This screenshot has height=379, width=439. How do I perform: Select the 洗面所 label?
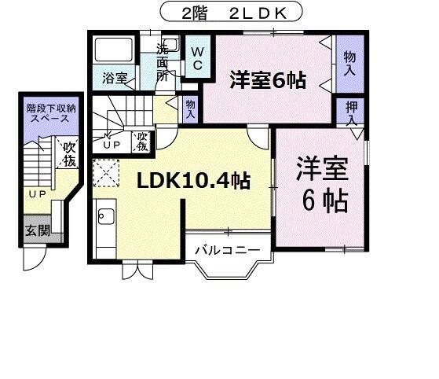(x=163, y=62)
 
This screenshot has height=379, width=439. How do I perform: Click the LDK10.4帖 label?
(x=194, y=181)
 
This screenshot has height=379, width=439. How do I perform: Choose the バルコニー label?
(x=227, y=251)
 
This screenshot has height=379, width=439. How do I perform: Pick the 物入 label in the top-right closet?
(x=349, y=64)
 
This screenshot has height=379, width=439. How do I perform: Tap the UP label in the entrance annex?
(x=36, y=193)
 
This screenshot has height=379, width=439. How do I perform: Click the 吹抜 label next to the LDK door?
(x=141, y=142)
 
